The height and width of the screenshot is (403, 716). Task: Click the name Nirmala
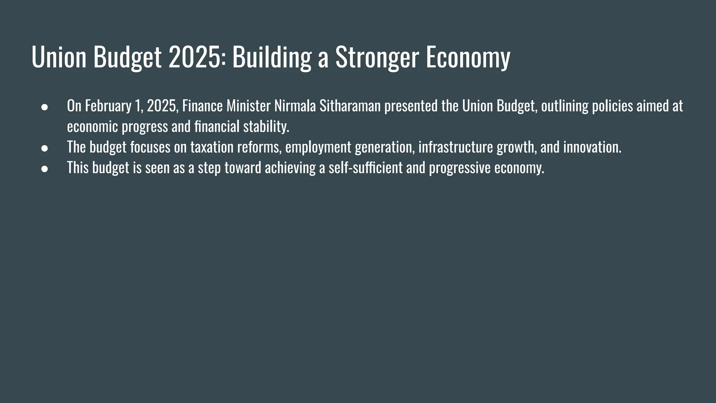295,106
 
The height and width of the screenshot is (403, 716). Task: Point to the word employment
318,147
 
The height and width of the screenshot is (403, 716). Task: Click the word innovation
592,147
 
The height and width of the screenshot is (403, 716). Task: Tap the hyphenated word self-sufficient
365,168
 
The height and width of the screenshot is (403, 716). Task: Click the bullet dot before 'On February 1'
44,107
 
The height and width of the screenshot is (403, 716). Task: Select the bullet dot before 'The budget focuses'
44,148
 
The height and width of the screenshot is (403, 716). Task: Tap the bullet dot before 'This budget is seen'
44,169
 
